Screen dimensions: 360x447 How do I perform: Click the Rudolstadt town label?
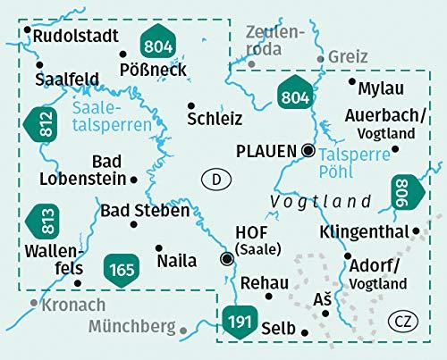pos(77,37)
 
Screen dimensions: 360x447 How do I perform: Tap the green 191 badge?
pos(237,322)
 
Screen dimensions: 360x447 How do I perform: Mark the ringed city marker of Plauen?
pos(308,150)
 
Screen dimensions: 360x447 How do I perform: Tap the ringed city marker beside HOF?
pos(227,260)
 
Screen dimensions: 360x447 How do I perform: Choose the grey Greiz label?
pos(348,56)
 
